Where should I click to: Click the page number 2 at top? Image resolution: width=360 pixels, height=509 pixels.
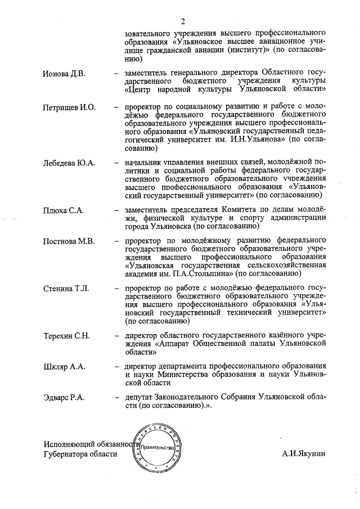click(183, 21)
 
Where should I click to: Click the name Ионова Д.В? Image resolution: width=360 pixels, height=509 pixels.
click(64, 74)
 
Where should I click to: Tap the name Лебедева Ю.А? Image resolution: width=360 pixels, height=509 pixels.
click(69, 163)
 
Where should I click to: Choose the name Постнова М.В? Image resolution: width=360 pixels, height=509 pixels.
click(69, 241)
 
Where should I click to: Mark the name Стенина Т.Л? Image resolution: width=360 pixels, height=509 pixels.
click(66, 289)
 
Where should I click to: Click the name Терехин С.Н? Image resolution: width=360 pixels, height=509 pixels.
click(67, 336)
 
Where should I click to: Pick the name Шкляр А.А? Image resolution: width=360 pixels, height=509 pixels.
click(64, 367)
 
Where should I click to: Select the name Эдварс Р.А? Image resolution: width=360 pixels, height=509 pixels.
click(64, 398)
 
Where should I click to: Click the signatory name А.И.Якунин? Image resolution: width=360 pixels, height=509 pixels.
click(304, 453)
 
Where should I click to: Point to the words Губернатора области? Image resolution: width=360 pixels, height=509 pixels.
click(80, 454)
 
